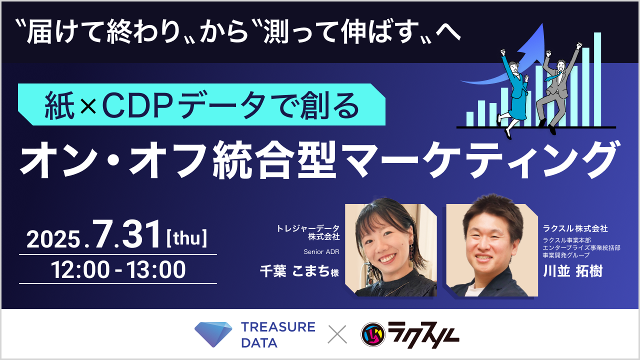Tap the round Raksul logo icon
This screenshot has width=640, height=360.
point(373,334)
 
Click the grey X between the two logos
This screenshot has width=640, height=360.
point(337,334)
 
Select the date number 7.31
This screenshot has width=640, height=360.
point(126,234)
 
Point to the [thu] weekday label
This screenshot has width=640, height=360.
point(186,237)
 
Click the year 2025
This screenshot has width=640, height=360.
point(53,239)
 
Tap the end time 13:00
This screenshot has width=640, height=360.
point(156,269)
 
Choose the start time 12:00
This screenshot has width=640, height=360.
point(80,269)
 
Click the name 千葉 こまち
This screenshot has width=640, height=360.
point(294,271)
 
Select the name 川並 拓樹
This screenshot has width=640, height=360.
point(572,271)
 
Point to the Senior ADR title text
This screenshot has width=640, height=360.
point(321,251)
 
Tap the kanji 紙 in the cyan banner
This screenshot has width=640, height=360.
point(59,105)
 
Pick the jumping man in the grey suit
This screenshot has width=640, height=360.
point(557,88)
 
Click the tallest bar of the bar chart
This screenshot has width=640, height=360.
point(597,79)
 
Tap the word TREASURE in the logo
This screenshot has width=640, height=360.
point(278,327)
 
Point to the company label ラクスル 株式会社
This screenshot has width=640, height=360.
point(575,228)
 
